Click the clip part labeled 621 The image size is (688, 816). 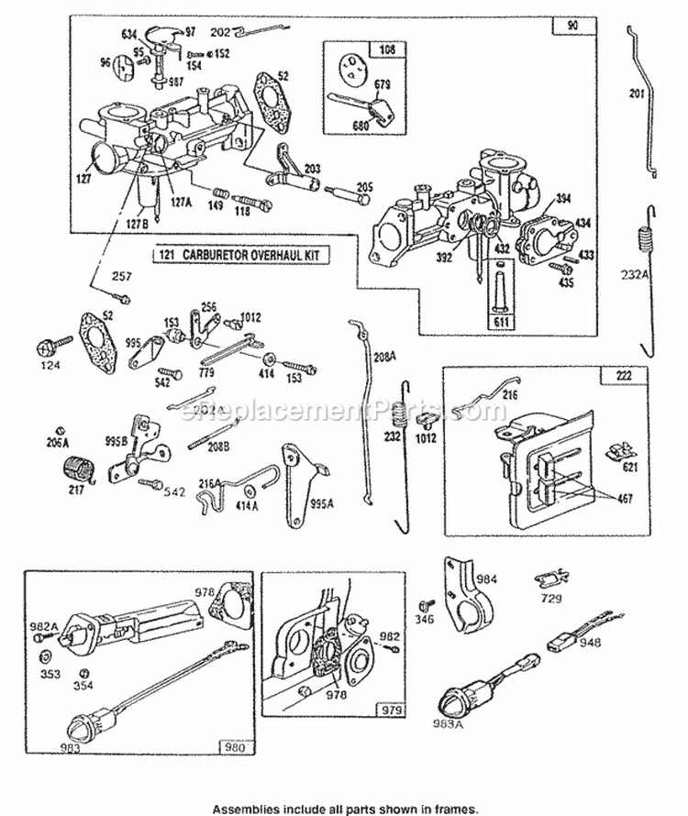pos(623,450)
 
